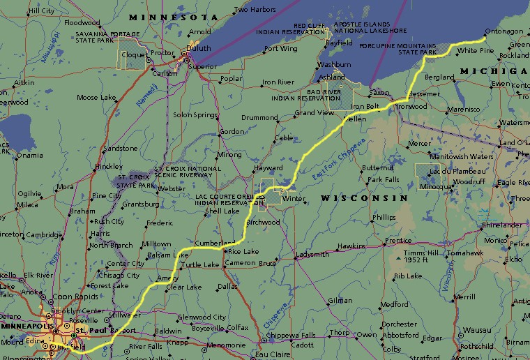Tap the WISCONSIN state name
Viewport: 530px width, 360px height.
(363, 199)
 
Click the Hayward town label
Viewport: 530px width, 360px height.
(268, 168)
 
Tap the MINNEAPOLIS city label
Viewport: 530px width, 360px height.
(26, 326)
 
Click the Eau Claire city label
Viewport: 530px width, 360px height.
(273, 354)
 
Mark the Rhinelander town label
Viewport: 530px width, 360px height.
(501, 225)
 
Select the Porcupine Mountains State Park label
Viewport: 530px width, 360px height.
(397, 49)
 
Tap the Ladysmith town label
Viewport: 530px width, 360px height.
(312, 255)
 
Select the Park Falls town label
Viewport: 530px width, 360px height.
(384, 180)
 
